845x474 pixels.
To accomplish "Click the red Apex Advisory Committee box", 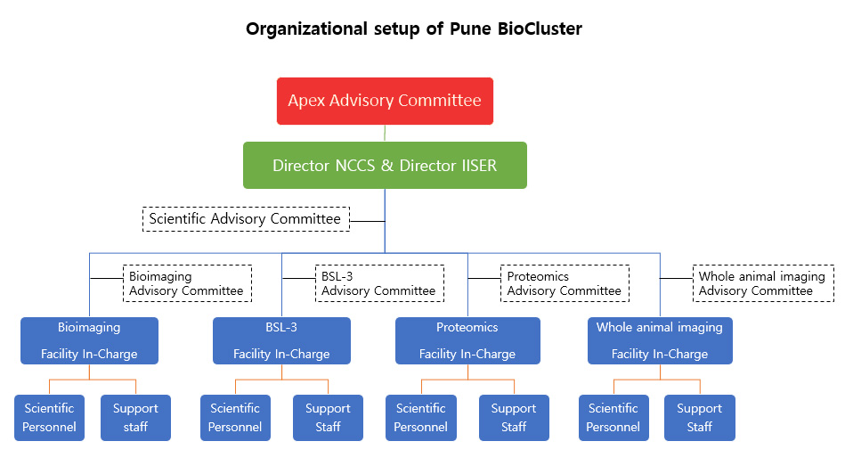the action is point(385,101).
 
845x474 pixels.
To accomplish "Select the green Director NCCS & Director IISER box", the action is point(385,165).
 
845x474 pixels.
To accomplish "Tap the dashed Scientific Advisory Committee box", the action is point(246,219).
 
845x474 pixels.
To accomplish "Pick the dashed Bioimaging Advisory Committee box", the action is point(187,283).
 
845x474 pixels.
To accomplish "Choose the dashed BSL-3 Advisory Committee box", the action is point(379,283).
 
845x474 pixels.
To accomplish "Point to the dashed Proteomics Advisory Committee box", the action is point(565,283).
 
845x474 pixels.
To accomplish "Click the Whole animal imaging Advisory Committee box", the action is point(763,283).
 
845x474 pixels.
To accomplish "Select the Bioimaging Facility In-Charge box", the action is point(89,340).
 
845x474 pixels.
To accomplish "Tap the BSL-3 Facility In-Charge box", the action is point(281,340).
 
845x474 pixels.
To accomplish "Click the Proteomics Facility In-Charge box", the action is point(467,340).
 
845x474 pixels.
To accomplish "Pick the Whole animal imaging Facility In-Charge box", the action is point(660,340).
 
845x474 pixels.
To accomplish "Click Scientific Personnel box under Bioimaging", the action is point(50,417).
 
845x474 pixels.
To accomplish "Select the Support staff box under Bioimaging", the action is point(136,417).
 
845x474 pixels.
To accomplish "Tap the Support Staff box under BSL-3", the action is point(329,417).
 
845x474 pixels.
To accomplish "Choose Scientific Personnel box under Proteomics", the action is point(421,417).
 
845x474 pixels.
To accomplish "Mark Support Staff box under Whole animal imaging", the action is point(700,417).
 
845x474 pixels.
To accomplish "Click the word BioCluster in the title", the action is point(540,29).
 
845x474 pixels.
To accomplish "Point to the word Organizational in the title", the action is point(306,29).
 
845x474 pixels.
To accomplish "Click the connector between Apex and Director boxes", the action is point(385,133).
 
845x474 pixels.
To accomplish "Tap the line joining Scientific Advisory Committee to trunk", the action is point(367,221).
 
